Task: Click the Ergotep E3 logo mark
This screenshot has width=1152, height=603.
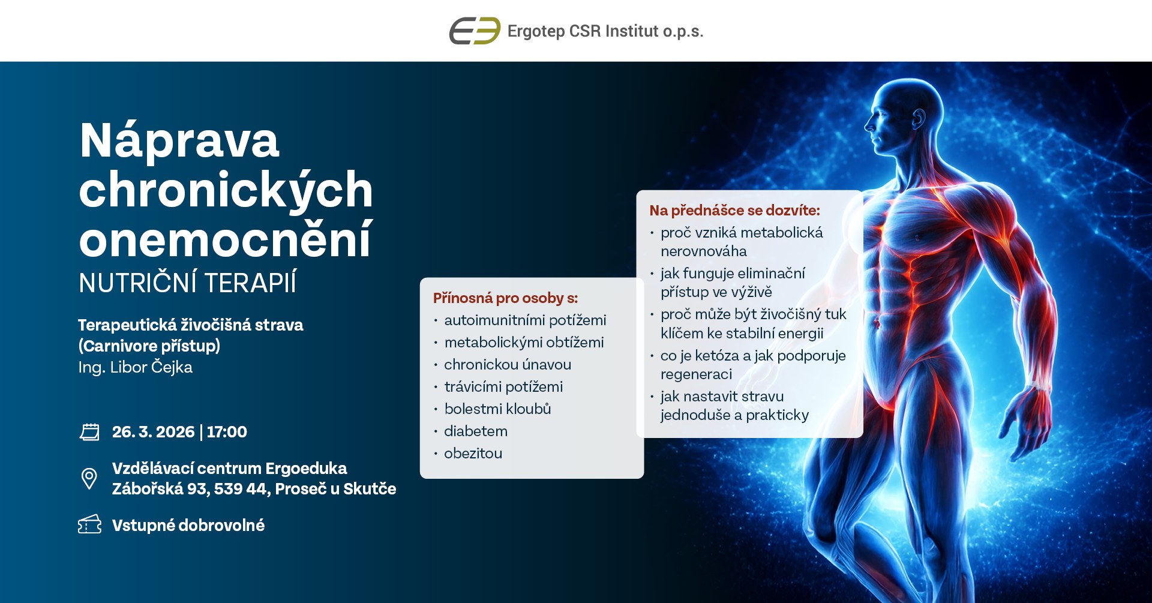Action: click(x=475, y=31)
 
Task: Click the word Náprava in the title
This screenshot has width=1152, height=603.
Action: click(x=179, y=140)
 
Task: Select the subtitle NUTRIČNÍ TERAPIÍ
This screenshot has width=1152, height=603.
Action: click(x=187, y=283)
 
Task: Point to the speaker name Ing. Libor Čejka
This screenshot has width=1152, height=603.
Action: click(x=135, y=367)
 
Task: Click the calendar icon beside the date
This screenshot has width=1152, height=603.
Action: click(x=89, y=432)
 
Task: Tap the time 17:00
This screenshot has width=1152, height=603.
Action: click(x=227, y=432)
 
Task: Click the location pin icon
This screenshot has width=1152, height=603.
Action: click(x=89, y=479)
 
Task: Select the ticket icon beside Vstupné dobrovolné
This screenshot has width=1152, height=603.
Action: click(x=89, y=524)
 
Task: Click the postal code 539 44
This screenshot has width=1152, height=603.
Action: click(x=240, y=489)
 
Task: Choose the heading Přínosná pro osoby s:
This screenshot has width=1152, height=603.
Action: click(x=505, y=298)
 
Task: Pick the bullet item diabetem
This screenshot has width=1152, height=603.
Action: click(x=476, y=431)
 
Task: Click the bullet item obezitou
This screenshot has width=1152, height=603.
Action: click(x=473, y=454)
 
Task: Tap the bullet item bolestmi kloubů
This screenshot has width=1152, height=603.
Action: click(x=497, y=409)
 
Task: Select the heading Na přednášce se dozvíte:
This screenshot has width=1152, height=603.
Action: click(x=734, y=211)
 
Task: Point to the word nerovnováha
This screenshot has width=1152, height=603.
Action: click(x=703, y=251)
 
